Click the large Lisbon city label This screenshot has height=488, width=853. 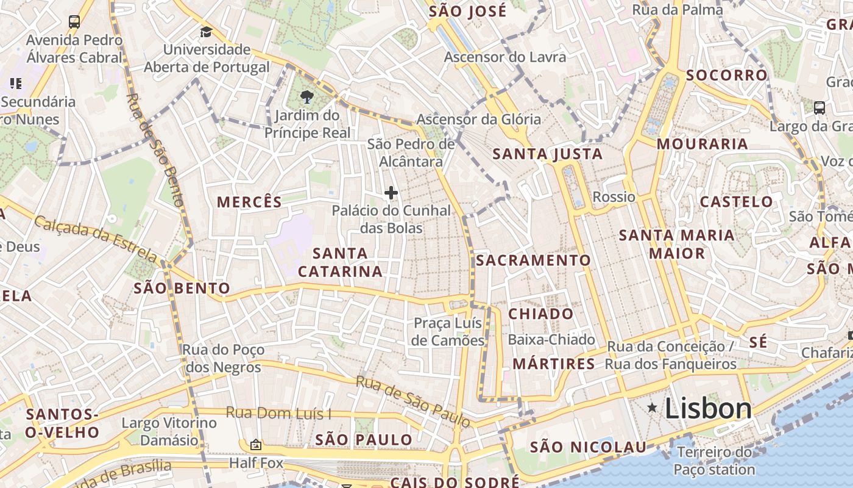tap(708, 408)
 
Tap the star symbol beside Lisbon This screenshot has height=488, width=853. tap(653, 407)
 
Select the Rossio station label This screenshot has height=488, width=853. tap(614, 196)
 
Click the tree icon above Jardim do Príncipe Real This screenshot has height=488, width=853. tap(307, 96)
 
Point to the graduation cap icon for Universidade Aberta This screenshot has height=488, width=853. tap(207, 32)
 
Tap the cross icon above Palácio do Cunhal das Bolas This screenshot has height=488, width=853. tap(391, 193)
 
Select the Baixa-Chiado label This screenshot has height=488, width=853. tap(551, 340)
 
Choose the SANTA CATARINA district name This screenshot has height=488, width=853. tap(340, 262)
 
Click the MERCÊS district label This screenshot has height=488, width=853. tap(250, 202)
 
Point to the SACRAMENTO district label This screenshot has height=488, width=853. tap(533, 260)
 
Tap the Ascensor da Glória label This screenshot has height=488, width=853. tap(478, 119)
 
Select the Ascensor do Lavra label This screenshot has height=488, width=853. tap(505, 57)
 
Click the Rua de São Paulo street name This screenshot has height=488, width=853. tap(413, 401)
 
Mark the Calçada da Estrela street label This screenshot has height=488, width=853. tap(96, 239)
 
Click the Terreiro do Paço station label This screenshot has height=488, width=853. tap(714, 461)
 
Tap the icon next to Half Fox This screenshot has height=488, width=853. tap(256, 445)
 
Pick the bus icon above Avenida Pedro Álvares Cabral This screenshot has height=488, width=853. tap(74, 22)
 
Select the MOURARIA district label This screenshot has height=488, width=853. tap(702, 144)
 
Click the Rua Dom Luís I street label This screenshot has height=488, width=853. tap(278, 413)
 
